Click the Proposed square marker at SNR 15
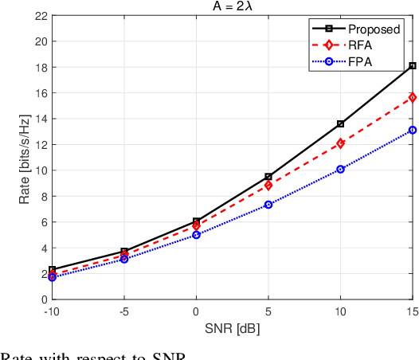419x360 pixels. point(412,65)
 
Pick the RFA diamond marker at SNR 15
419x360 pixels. point(412,97)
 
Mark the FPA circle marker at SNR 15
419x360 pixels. point(412,130)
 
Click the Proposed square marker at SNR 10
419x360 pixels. point(340,123)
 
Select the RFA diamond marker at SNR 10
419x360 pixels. point(340,143)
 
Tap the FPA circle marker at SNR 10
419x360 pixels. point(340,169)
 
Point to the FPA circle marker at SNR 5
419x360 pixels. point(268,205)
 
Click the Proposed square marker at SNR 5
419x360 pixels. point(268,177)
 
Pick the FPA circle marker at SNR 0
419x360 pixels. point(196,235)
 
